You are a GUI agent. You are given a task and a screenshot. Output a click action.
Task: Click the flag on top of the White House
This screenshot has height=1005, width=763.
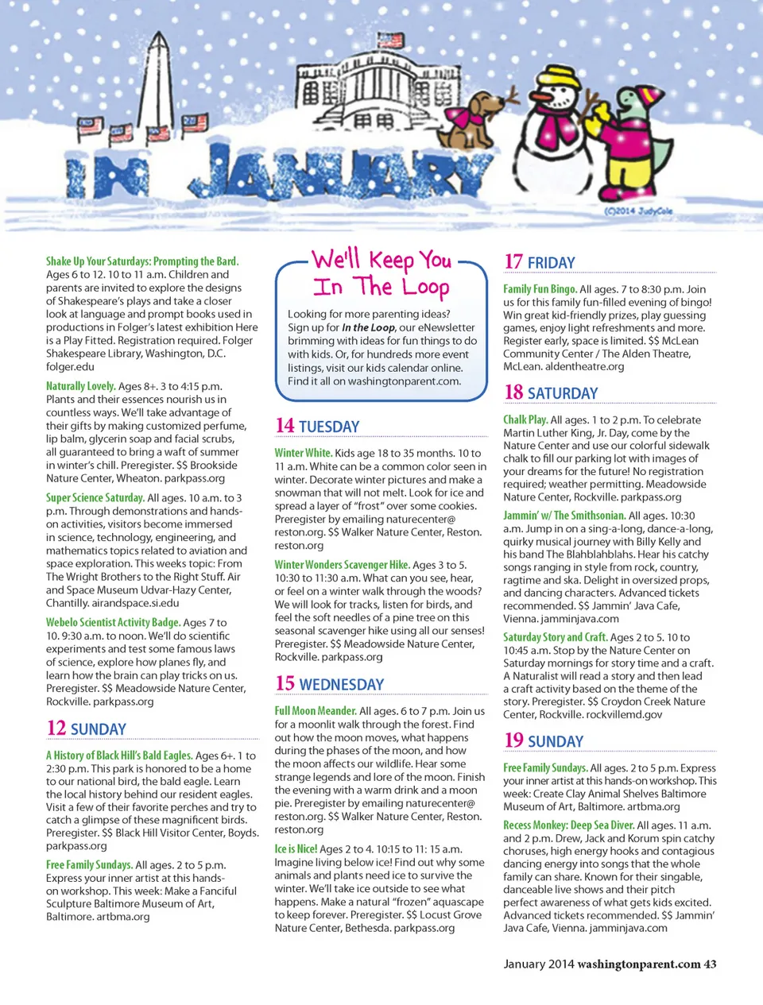(392, 41)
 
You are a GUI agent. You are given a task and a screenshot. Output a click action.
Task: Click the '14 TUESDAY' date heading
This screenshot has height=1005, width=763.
(318, 427)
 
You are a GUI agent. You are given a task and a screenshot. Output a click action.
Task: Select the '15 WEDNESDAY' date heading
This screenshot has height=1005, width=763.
(329, 684)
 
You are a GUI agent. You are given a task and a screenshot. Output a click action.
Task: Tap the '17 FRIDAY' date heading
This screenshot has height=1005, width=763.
(540, 262)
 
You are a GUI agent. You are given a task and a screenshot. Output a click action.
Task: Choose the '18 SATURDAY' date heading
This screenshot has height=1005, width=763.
(551, 393)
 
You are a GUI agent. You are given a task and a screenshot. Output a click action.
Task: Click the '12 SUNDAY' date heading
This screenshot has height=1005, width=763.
(87, 729)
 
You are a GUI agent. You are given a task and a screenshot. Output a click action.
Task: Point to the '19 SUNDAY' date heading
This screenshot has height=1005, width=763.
(544, 741)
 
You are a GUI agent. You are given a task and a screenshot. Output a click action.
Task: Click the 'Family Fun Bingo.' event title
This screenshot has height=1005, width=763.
(540, 289)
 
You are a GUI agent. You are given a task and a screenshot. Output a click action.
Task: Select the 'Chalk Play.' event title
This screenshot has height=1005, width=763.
(525, 419)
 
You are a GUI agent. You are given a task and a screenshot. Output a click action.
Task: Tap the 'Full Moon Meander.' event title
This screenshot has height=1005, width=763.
(316, 711)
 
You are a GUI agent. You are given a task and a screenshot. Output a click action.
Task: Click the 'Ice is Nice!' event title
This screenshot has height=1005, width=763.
(296, 849)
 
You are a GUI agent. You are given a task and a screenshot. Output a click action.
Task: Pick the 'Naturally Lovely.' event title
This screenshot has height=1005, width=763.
(80, 386)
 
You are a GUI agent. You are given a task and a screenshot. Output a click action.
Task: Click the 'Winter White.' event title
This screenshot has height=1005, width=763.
(303, 453)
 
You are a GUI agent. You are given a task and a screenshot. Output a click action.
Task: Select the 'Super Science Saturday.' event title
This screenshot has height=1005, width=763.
(95, 498)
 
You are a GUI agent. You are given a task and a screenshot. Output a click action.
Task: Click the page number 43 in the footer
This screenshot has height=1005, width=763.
(710, 964)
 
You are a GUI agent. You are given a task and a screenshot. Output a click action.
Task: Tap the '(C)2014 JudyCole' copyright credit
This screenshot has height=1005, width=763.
(638, 211)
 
